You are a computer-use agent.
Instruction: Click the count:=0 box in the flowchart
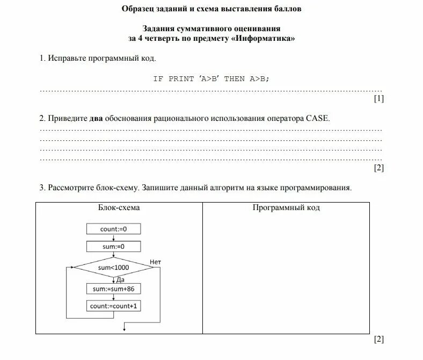[113, 229]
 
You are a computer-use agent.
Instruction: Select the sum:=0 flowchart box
[113, 247]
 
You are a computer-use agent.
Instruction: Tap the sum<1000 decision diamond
[113, 267]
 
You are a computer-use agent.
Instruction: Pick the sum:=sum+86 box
[113, 289]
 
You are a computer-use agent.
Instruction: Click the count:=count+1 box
[113, 306]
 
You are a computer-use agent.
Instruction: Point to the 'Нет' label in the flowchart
[156, 262]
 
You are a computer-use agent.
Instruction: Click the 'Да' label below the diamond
[120, 279]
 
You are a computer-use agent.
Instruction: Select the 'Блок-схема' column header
[119, 207]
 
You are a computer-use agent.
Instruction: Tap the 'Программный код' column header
[286, 207]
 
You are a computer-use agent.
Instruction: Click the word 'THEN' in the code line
[235, 78]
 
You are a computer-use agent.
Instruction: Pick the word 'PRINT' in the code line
[181, 78]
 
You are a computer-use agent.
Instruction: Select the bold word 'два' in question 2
[96, 118]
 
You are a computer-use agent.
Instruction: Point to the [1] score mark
[378, 98]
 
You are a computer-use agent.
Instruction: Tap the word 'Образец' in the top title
[138, 9]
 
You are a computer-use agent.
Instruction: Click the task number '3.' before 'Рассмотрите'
[42, 188]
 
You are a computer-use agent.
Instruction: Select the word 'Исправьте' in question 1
[65, 57]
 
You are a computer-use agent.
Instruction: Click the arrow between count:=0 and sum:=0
[114, 238]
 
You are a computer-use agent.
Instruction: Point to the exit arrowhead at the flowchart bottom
[125, 328]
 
